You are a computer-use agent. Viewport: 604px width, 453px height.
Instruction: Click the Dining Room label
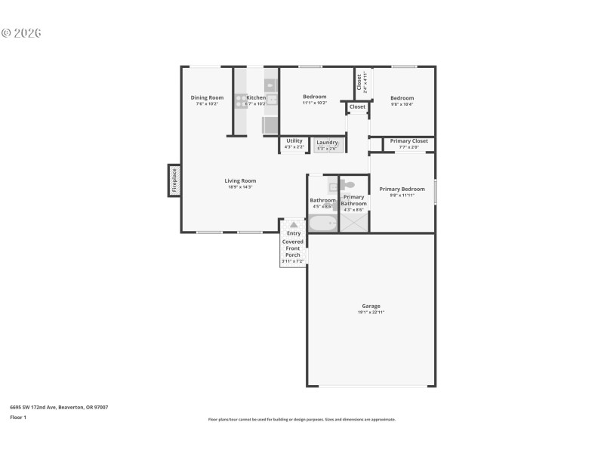(207, 97)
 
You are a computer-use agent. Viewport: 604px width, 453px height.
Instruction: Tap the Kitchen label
(256, 97)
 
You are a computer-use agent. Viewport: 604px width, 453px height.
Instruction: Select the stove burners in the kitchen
(241, 100)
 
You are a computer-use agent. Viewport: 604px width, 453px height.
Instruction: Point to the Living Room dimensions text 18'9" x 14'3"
(240, 186)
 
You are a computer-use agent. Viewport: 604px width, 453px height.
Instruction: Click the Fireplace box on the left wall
(174, 180)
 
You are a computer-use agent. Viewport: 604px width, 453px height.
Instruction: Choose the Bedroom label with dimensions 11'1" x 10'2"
(314, 97)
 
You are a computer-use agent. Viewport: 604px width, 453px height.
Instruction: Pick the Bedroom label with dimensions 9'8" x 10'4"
(402, 98)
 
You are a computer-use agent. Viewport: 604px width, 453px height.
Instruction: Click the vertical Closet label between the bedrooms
(359, 82)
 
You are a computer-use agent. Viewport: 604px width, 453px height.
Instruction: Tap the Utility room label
(294, 140)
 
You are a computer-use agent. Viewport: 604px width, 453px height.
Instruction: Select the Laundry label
(327, 142)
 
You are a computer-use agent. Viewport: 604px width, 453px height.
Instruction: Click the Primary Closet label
(409, 141)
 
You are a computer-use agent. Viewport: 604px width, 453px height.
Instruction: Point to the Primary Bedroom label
(402, 189)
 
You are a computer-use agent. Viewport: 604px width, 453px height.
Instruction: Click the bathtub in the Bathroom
(323, 223)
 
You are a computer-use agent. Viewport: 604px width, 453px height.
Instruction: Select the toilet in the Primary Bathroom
(347, 184)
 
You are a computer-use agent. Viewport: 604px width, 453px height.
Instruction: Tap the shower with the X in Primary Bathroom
(353, 223)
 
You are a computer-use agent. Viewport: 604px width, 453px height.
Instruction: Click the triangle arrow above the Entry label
(293, 224)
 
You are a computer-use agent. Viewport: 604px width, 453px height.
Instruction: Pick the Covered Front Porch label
(293, 248)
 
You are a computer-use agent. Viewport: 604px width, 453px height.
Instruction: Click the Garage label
(371, 306)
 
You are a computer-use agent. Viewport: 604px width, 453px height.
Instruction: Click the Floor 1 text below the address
(18, 417)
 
